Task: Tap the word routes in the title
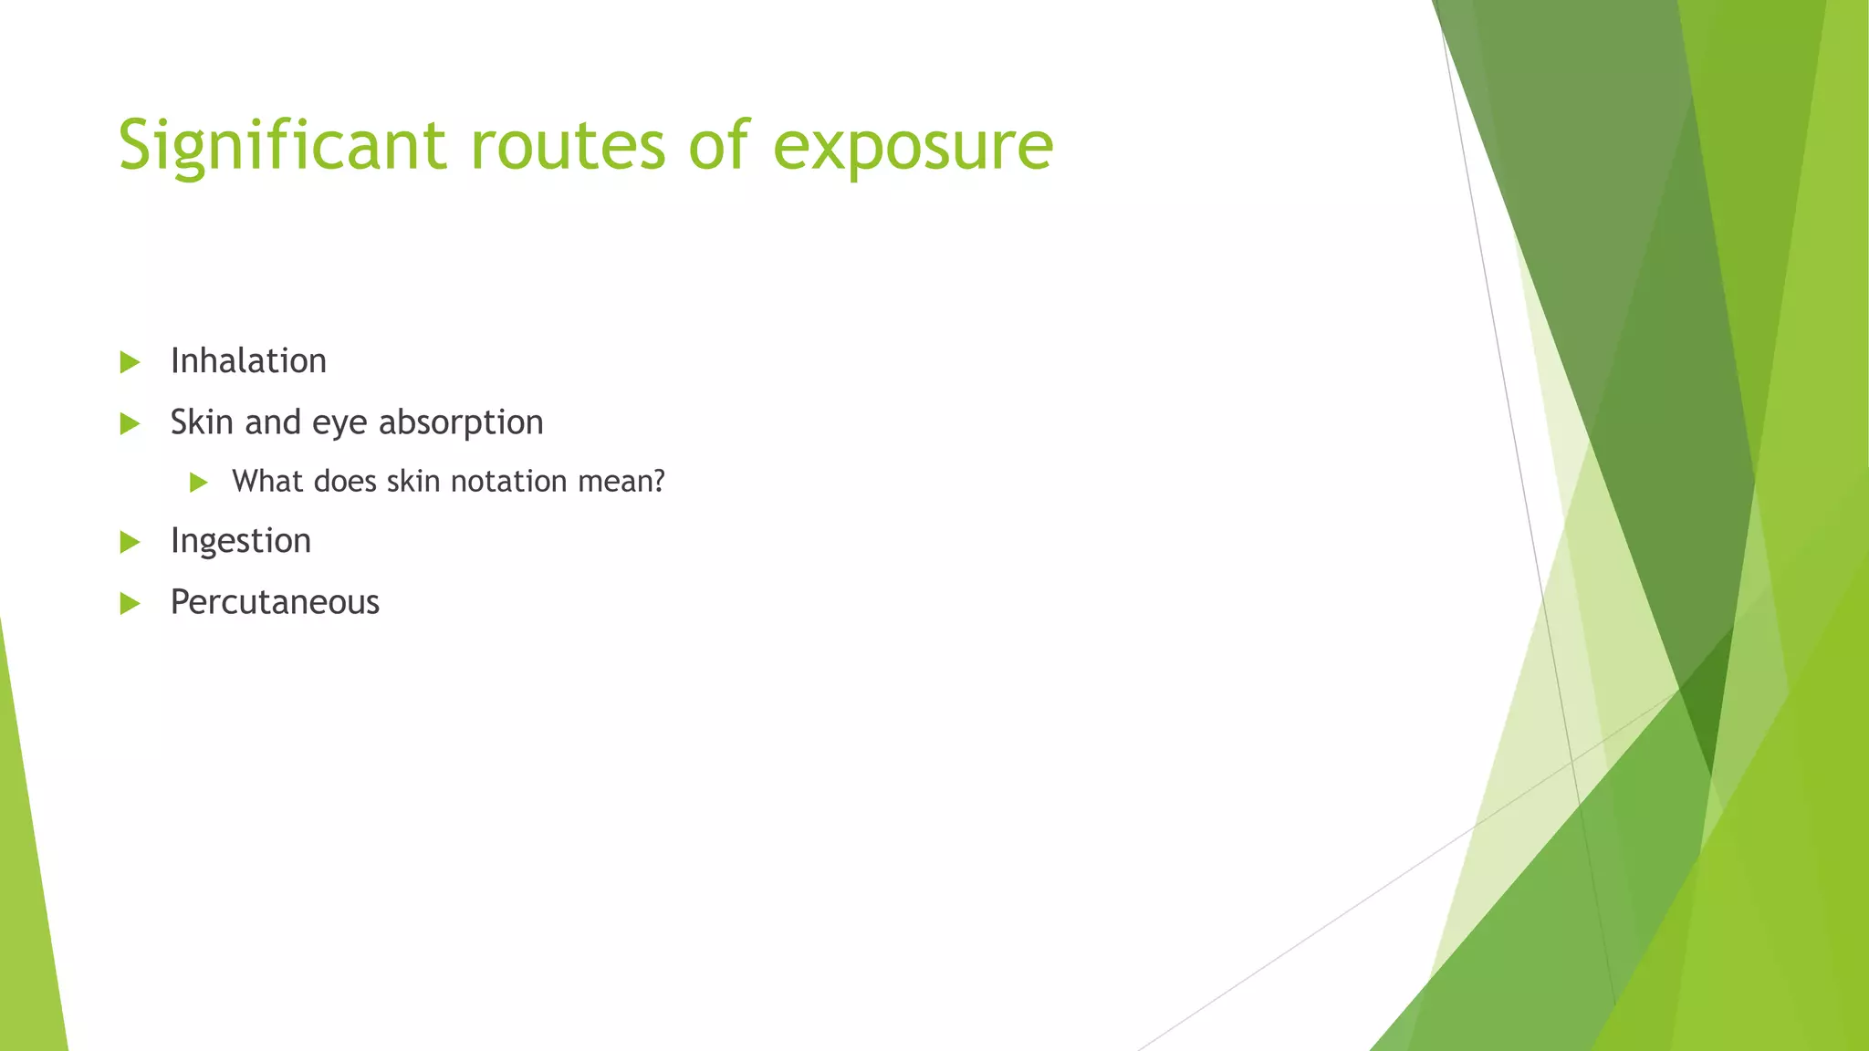[568, 146]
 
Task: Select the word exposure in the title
[913, 146]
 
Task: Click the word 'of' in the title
[719, 146]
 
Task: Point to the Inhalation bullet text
[248, 361]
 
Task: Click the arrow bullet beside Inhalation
[130, 362]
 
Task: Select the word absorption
[461, 422]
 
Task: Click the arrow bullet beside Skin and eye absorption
[130, 423]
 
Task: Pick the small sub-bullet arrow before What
[199, 483]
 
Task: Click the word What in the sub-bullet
[267, 481]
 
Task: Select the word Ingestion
[241, 541]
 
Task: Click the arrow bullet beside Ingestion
[130, 543]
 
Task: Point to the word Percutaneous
[275, 602]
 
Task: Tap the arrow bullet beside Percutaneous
[130, 603]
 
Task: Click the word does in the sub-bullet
[345, 481]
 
